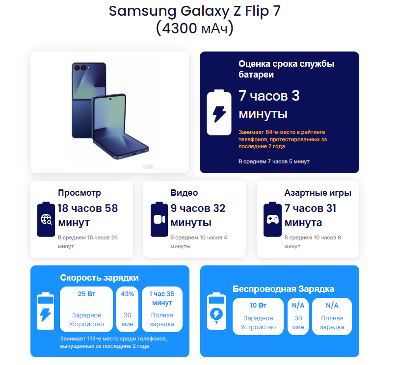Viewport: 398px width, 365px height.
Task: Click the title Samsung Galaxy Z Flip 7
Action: pos(195,11)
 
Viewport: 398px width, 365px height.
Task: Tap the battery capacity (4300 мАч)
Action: pos(195,28)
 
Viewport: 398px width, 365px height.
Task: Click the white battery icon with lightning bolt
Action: pos(219,112)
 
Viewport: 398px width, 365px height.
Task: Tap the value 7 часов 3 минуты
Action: pos(269,104)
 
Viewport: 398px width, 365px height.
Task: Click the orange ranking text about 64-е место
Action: pos(282,139)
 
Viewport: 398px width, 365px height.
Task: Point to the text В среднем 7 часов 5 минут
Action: pos(274,161)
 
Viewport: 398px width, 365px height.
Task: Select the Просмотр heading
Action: pos(80,193)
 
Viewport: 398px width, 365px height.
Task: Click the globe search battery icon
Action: pos(46,219)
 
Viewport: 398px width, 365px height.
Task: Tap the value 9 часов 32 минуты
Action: pos(198,215)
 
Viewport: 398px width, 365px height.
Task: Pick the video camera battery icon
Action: pos(159,219)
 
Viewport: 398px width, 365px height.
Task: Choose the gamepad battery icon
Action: pos(272,219)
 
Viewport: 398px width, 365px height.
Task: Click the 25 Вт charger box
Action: pos(87,309)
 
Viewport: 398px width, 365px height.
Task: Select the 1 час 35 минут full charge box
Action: pos(162,309)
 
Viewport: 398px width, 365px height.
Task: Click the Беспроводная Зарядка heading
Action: pos(283,288)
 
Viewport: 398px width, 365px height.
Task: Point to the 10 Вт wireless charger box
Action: pos(258,316)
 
